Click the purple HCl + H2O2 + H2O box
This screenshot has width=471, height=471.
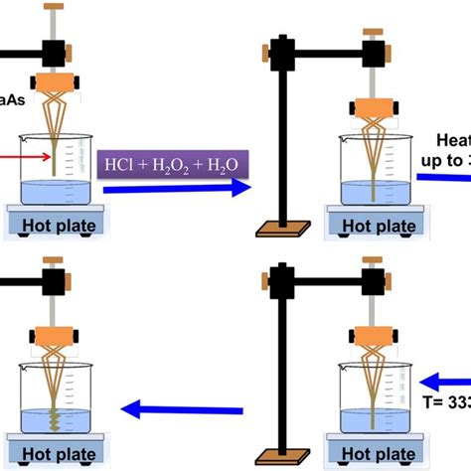175,161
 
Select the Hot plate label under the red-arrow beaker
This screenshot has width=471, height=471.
57,226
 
